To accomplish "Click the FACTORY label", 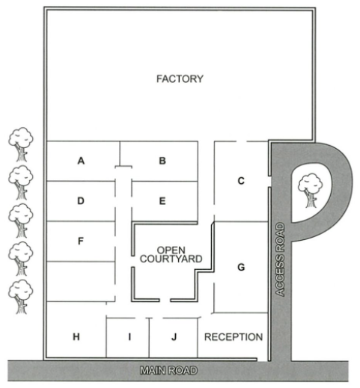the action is (180, 78).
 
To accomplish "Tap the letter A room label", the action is (81, 161).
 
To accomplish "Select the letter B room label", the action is (162, 161).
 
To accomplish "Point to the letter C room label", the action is (241, 181).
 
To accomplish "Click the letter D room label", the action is (81, 200).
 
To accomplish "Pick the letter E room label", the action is (162, 201).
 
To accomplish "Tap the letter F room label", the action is (80, 241).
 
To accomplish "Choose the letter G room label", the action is (241, 267).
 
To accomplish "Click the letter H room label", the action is (76, 337).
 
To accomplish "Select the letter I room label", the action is (129, 337).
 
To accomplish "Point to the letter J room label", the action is (174, 337).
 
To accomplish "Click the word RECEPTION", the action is (234, 337).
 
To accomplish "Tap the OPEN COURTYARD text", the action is (171, 254).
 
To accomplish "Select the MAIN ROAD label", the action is (169, 371).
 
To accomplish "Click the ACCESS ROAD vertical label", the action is (281, 259).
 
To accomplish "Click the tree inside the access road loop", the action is (310, 191).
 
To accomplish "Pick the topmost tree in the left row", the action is (21, 144).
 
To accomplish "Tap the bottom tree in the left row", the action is (21, 297).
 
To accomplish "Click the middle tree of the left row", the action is (21, 221).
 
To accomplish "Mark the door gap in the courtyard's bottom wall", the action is (165, 300).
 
